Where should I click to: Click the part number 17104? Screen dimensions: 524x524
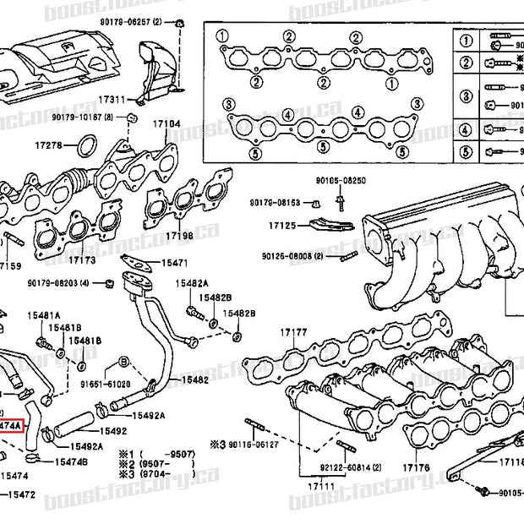tap(166, 124)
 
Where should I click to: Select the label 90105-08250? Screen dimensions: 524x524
tap(341, 181)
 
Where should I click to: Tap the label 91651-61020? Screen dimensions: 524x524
tap(105, 383)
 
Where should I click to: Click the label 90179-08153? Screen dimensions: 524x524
tap(275, 203)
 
